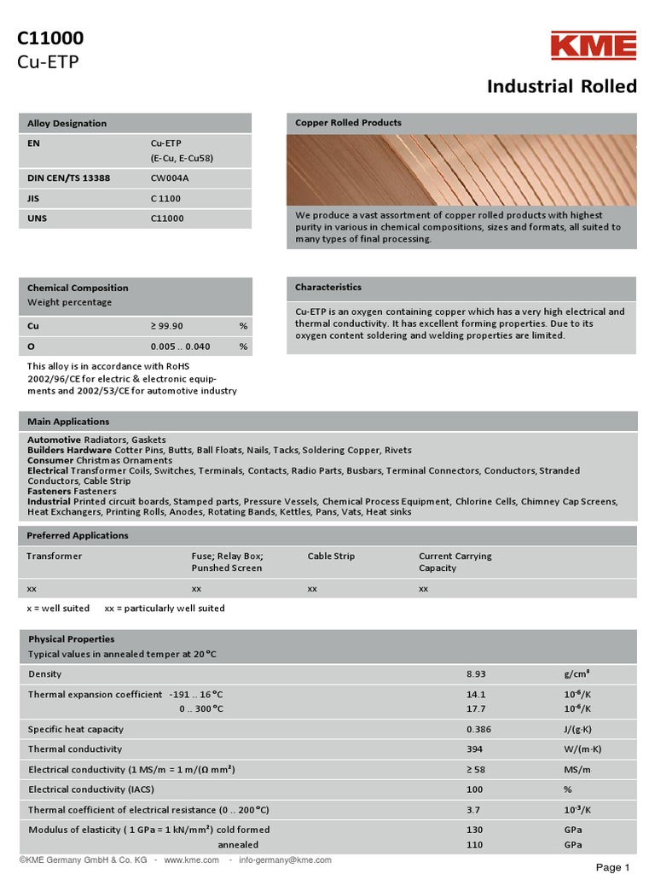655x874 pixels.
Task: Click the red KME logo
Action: coord(593,46)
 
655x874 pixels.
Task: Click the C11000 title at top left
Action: coord(51,38)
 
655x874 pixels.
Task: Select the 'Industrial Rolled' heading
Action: coord(561,86)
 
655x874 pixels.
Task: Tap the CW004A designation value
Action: coord(171,178)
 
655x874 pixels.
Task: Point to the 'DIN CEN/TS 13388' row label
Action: coord(68,178)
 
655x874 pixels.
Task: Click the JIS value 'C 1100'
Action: coord(165,198)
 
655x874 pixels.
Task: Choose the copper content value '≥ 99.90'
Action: coord(167,326)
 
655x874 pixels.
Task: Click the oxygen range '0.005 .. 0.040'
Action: coord(180,347)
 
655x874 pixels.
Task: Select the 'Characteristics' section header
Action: coord(328,288)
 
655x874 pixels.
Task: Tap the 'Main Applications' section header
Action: coord(68,422)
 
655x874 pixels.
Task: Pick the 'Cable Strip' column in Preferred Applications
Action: coord(331,556)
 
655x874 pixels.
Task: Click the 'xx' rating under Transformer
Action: coord(32,589)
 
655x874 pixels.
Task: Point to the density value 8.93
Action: coord(476,674)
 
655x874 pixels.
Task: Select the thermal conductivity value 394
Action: coord(475,749)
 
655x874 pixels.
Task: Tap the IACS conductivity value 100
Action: coord(475,790)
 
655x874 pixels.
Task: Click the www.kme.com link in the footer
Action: coord(191,860)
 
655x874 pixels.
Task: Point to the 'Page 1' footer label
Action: coord(612,867)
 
